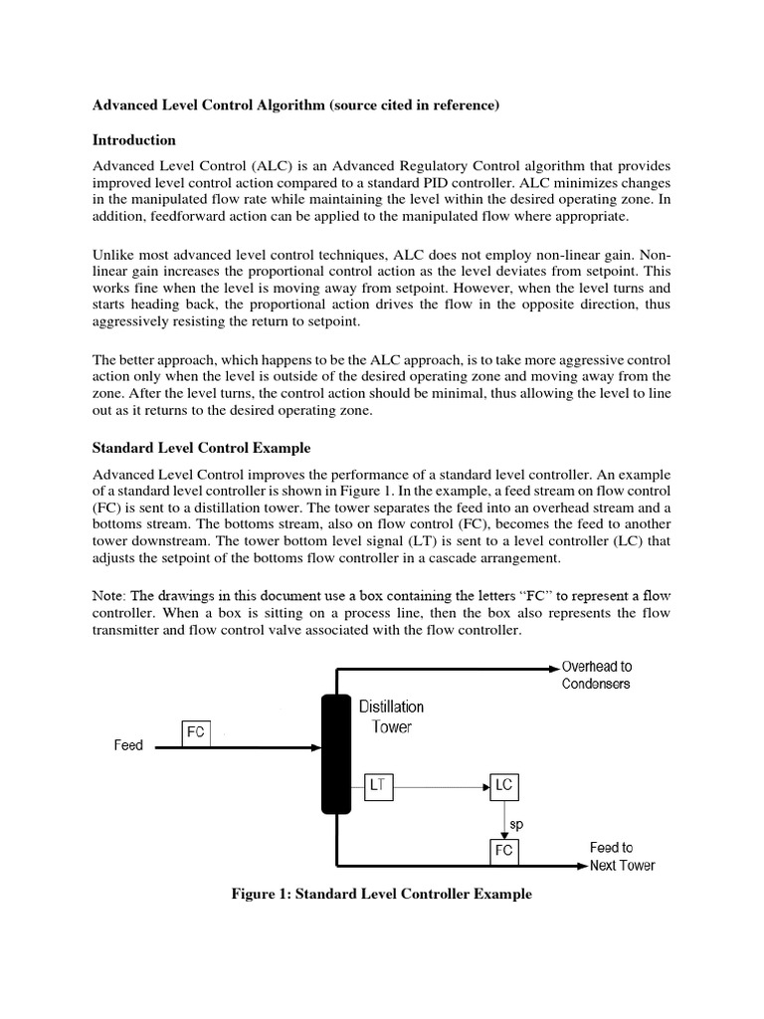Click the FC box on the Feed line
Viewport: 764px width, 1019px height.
(195, 732)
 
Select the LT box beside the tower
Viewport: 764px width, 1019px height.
(378, 786)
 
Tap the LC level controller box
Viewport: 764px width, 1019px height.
(503, 786)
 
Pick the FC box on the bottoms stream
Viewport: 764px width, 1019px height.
(503, 851)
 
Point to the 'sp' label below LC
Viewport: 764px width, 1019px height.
(515, 825)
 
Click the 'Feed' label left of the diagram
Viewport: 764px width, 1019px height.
(128, 745)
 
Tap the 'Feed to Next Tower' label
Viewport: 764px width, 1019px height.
(622, 857)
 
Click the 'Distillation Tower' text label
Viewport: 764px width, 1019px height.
(391, 716)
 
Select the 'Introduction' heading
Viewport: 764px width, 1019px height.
(134, 140)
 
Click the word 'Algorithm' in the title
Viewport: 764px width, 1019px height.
(290, 103)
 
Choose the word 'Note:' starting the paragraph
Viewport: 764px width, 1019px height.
(111, 594)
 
